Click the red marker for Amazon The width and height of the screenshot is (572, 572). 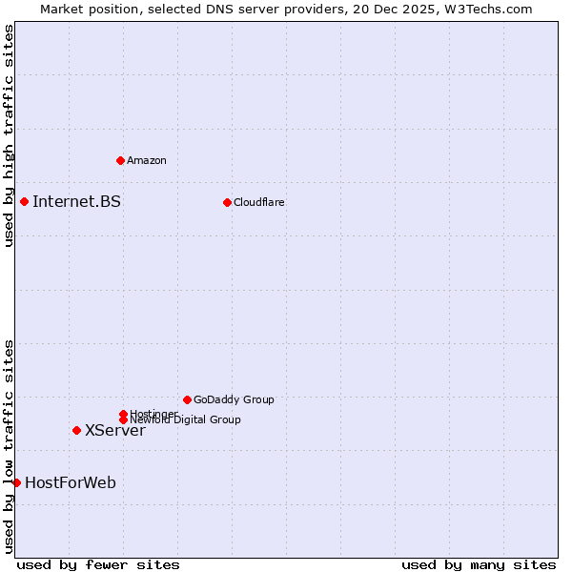(x=120, y=160)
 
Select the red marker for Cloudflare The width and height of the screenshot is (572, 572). (x=227, y=202)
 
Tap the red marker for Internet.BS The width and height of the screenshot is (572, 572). (x=24, y=201)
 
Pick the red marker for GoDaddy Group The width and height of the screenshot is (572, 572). (x=187, y=399)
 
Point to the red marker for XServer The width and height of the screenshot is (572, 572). (x=76, y=430)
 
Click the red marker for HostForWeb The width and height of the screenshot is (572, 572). (x=16, y=482)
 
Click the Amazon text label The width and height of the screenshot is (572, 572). (x=147, y=160)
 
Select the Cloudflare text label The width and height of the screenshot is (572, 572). (x=259, y=202)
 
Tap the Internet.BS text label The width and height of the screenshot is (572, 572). (x=76, y=201)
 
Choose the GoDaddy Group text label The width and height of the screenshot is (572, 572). (x=234, y=399)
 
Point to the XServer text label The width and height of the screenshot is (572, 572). (x=115, y=430)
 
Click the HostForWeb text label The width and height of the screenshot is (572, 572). (x=71, y=482)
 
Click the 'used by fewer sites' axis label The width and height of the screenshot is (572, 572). (x=98, y=564)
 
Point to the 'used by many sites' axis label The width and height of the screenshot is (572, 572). (x=479, y=564)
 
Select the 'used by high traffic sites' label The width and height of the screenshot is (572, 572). (x=9, y=135)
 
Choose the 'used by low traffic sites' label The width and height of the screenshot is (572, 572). (x=9, y=446)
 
